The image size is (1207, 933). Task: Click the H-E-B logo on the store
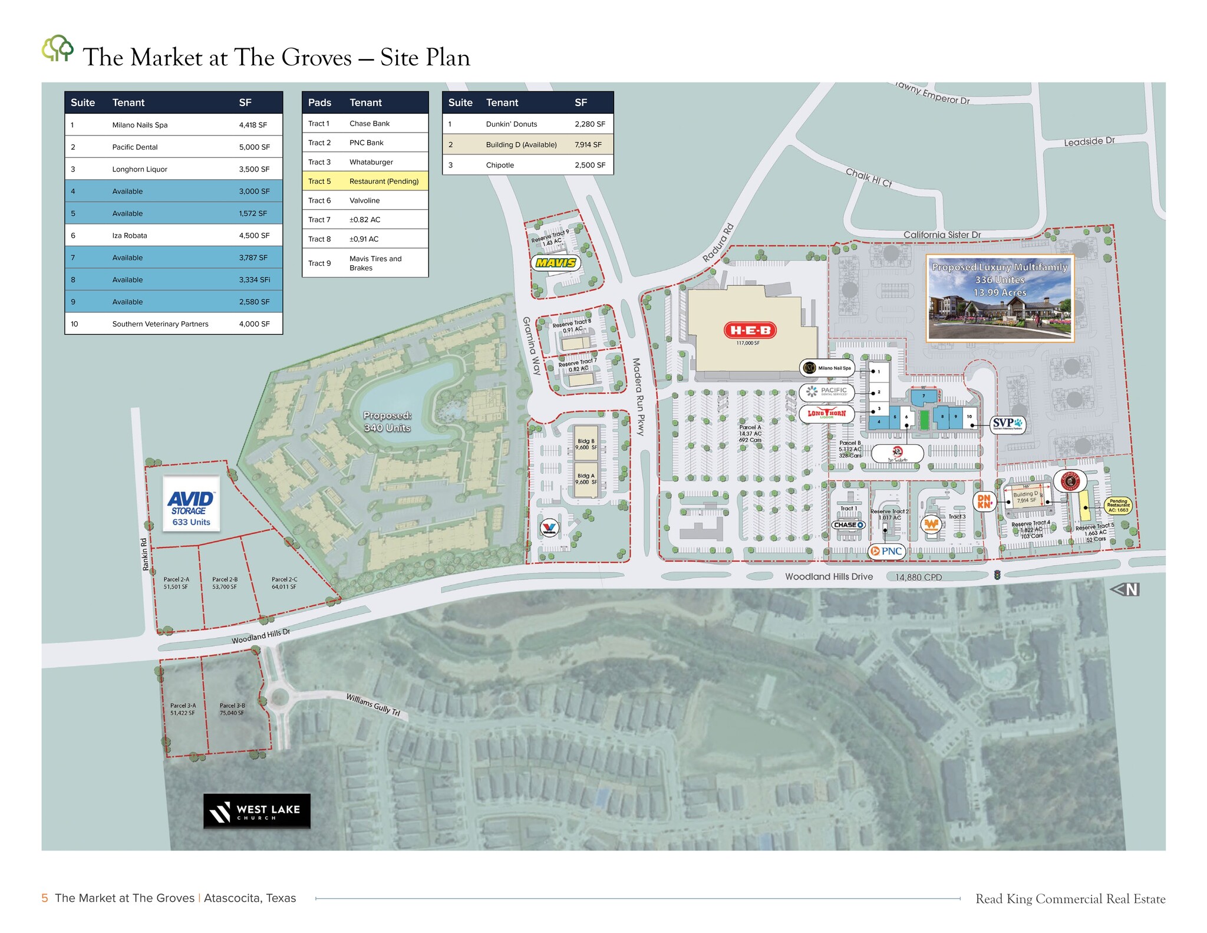(x=750, y=330)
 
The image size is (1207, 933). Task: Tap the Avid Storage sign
(x=191, y=504)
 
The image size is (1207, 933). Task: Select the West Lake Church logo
(x=256, y=812)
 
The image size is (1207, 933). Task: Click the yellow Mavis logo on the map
(x=556, y=263)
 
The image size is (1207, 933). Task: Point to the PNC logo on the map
(x=886, y=551)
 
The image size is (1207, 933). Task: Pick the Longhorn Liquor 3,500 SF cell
(x=254, y=169)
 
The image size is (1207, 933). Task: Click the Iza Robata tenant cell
(x=130, y=235)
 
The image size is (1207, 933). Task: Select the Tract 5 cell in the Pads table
(x=319, y=181)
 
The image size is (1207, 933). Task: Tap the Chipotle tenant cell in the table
(x=500, y=165)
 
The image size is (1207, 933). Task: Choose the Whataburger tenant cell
(x=371, y=162)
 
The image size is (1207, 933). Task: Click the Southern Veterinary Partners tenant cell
(x=160, y=324)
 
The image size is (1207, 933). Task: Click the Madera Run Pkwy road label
(x=639, y=396)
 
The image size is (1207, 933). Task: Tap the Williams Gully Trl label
(x=373, y=705)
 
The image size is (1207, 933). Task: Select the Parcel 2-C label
(x=284, y=583)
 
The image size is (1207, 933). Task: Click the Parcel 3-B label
(x=232, y=709)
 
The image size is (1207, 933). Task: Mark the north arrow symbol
(x=1125, y=589)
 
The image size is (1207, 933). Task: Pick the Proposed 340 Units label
(x=387, y=422)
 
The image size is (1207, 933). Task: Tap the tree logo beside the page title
(x=57, y=48)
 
